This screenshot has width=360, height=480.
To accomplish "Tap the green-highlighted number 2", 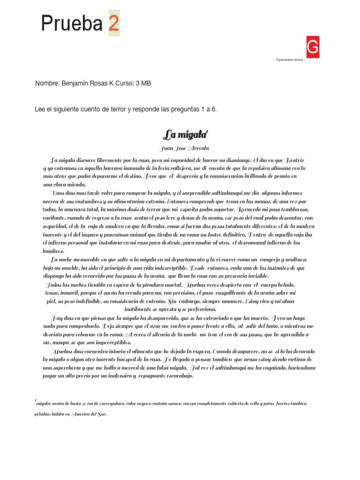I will click(114, 23).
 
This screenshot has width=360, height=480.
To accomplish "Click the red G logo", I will click(313, 47).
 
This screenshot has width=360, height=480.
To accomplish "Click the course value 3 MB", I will click(143, 83).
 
